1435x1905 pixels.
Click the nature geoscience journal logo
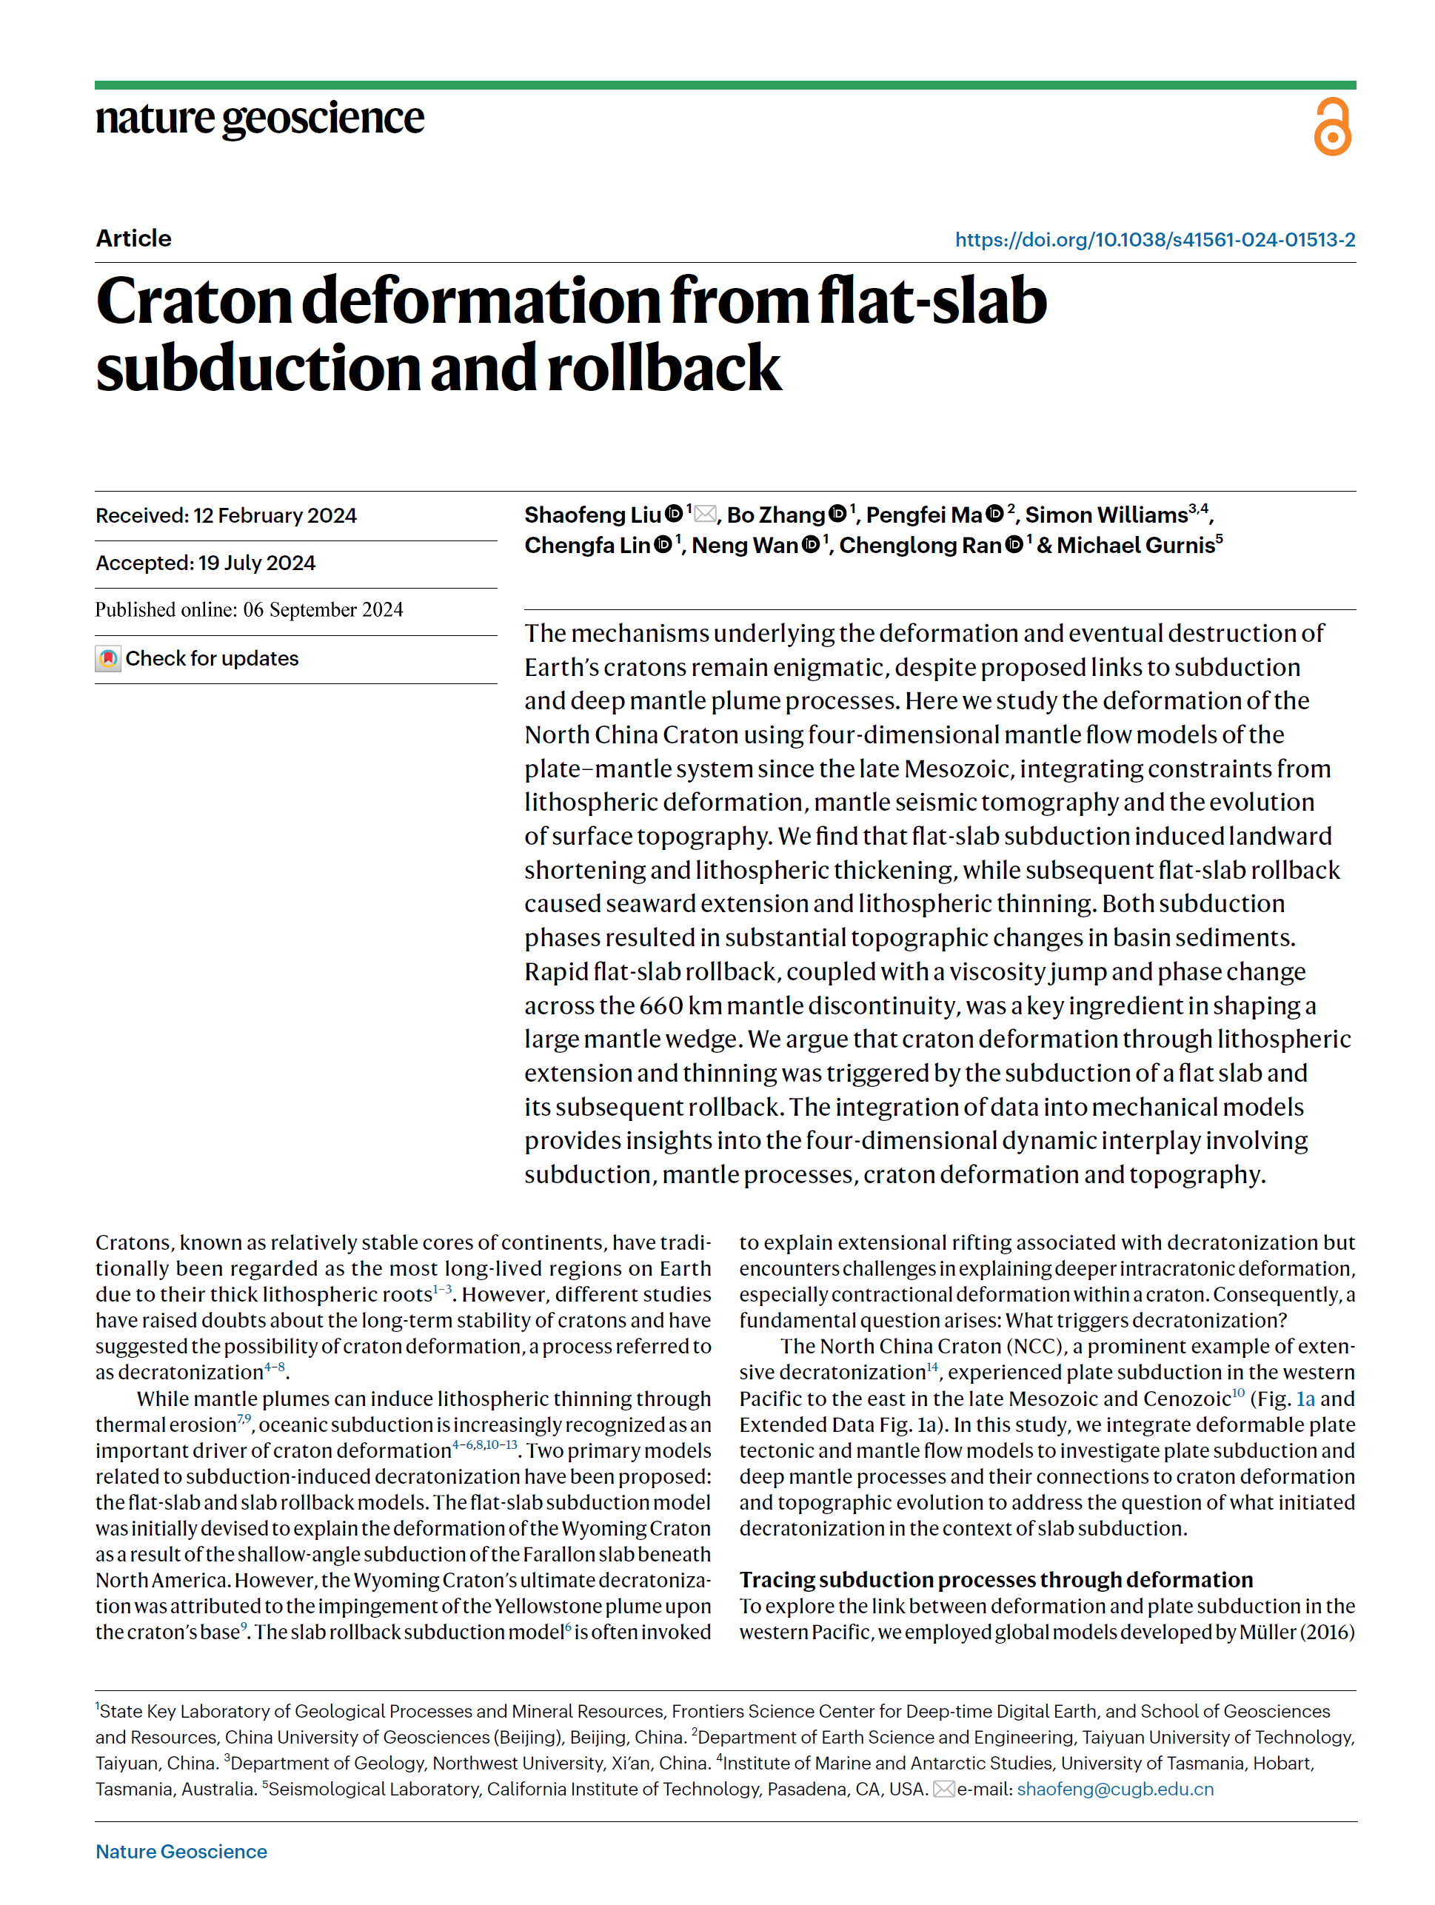[x=259, y=119]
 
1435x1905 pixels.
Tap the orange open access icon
[x=1331, y=127]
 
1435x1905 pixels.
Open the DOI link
[x=1154, y=239]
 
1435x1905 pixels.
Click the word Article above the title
[x=133, y=238]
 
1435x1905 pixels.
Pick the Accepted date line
[x=205, y=563]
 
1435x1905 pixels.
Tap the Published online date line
[x=249, y=610]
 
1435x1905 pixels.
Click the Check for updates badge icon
[x=107, y=659]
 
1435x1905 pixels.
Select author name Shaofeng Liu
[x=592, y=515]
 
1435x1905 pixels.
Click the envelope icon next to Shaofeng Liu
[x=705, y=514]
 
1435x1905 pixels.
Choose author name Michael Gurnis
[x=1135, y=545]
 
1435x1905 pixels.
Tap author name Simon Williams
[x=1106, y=515]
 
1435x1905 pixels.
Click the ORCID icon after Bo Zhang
[x=837, y=514]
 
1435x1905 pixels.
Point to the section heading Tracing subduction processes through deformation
[x=996, y=1579]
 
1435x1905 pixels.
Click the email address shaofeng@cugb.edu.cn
[x=1114, y=1789]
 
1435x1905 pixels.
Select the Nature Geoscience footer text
[x=181, y=1852]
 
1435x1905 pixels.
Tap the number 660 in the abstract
[x=661, y=1006]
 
